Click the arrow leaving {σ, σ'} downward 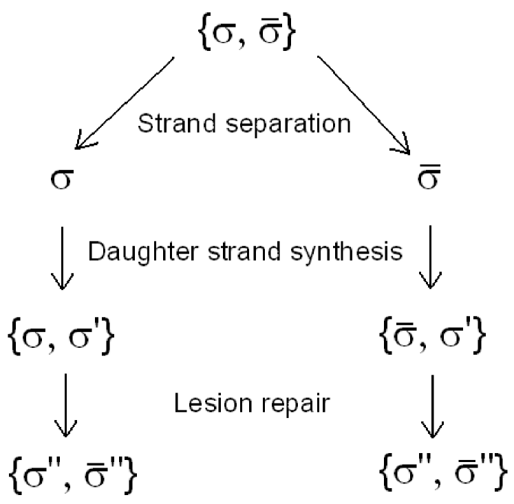pyautogui.click(x=63, y=406)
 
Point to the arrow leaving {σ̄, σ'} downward pyautogui.click(x=431, y=406)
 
